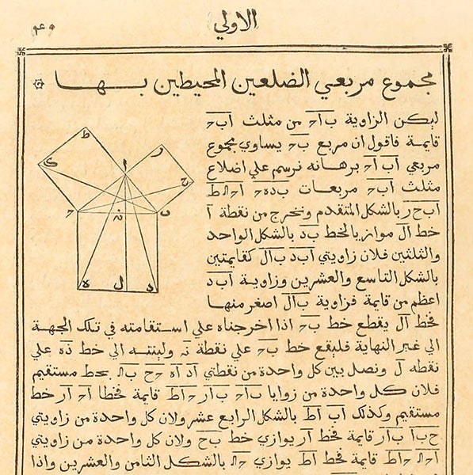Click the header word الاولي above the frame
click(x=235, y=22)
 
